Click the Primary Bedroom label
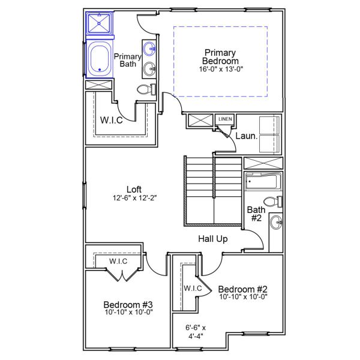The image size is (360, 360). point(220,56)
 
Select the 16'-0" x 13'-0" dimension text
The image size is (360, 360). point(220,69)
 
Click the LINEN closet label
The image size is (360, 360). point(225,119)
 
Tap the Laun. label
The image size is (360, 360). point(246,136)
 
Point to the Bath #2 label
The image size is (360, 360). point(256,214)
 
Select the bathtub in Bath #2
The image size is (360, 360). point(263,182)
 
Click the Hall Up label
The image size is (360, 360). point(212,239)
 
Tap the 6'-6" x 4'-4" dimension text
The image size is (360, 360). point(196,332)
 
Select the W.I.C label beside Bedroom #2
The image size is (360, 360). point(193,289)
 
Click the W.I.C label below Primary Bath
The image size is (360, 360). point(112,119)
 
